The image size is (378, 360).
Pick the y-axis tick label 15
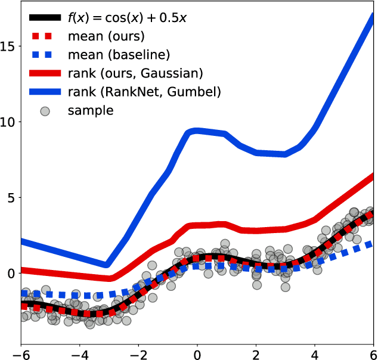pos(10,46)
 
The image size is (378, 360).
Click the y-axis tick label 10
pos(10,122)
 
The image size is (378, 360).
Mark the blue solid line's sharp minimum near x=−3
pos(106,265)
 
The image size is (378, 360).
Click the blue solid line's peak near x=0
pos(193,131)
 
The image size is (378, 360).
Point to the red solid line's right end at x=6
pos(373,176)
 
